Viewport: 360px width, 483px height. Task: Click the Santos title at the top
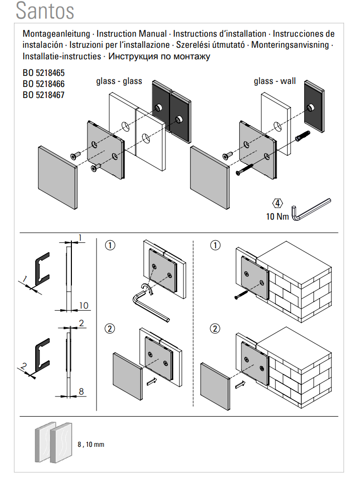(45, 11)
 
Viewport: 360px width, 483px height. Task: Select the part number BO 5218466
(43, 84)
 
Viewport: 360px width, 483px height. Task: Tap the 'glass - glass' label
(119, 81)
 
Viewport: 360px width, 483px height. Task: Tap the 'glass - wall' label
(275, 81)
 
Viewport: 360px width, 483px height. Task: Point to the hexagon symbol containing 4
(278, 204)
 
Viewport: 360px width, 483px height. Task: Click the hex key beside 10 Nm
(312, 209)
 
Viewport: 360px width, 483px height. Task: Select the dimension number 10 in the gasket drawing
(83, 306)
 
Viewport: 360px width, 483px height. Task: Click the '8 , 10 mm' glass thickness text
(91, 445)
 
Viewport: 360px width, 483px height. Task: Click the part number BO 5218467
(43, 94)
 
